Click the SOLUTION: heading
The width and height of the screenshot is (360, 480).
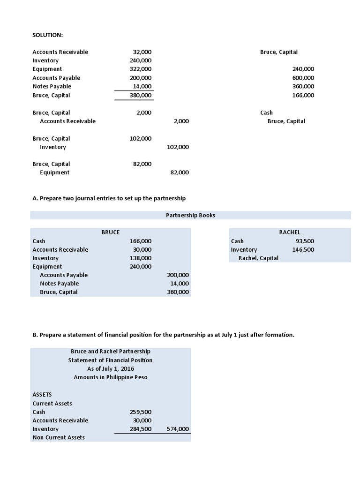tap(47, 35)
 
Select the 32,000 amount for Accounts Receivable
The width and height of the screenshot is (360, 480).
tap(142, 52)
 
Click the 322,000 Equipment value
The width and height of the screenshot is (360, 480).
tap(141, 69)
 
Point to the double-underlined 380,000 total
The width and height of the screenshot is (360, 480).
tap(141, 95)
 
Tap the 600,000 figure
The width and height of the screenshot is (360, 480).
tap(303, 78)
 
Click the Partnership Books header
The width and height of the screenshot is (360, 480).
tap(190, 215)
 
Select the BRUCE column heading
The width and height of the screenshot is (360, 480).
tap(111, 232)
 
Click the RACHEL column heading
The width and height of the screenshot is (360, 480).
tap(290, 232)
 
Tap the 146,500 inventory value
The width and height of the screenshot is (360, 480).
tap(303, 249)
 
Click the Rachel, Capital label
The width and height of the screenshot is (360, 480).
tap(258, 258)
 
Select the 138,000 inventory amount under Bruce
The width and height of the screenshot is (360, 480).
tap(141, 258)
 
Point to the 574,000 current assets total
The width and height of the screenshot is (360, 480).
tap(178, 428)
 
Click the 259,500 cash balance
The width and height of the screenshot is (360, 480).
tap(141, 412)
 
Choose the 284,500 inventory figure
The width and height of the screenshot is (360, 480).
tap(141, 428)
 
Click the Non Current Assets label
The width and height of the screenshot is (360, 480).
tap(59, 437)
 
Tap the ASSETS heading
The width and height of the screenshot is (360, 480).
tap(42, 394)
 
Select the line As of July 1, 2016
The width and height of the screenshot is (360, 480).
tap(111, 368)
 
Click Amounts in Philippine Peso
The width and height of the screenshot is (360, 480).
tap(111, 377)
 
